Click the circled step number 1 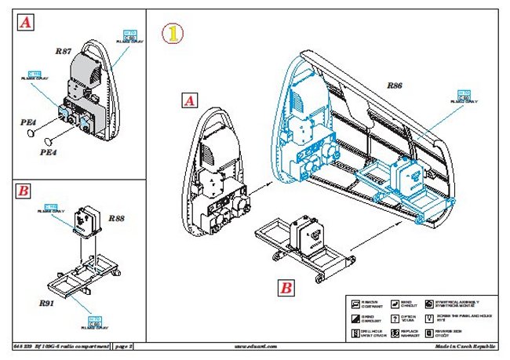(x=172, y=34)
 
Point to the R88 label (x=116, y=216)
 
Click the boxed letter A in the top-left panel (x=26, y=24)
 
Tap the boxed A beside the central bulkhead (x=189, y=100)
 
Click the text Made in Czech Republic (x=466, y=345)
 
